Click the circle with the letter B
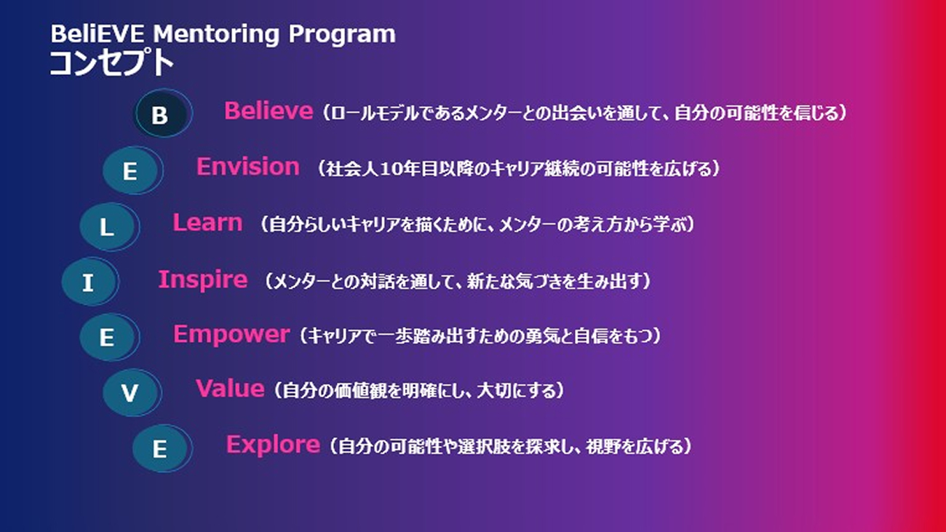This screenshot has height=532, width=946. (x=163, y=113)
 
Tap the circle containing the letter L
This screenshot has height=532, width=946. (x=109, y=227)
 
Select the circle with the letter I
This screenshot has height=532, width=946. (x=90, y=282)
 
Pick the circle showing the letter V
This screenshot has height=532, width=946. (x=132, y=393)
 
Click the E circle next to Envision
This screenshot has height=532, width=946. (x=132, y=170)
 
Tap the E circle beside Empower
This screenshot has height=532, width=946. (x=109, y=337)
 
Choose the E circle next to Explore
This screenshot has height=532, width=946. (x=162, y=448)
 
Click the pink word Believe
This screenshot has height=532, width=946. (x=269, y=111)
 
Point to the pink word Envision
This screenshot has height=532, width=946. (x=248, y=167)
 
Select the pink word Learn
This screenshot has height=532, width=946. (x=208, y=222)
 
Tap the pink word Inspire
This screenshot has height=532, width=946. (x=203, y=280)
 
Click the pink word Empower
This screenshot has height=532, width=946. (x=231, y=336)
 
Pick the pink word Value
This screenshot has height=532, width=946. (x=230, y=388)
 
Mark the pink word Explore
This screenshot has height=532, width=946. (x=273, y=445)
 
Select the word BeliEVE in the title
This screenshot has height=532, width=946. (x=98, y=33)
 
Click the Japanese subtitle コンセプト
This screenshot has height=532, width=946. (x=111, y=63)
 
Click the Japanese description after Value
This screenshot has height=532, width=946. (x=419, y=390)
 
